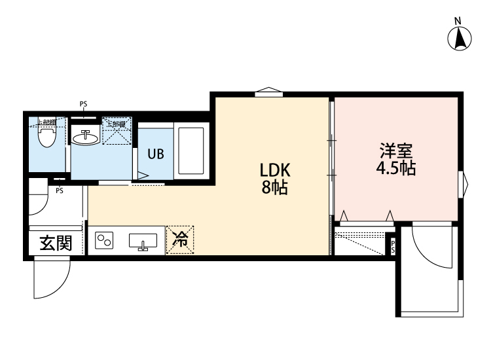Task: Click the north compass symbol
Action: tap(461, 37)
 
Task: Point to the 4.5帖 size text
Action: tap(396, 168)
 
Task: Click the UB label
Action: tap(155, 154)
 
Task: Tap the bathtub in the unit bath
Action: tap(192, 150)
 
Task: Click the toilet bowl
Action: tap(46, 138)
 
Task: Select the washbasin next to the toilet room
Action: tap(85, 137)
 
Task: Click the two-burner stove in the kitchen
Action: tap(104, 240)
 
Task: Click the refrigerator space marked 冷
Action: tap(180, 240)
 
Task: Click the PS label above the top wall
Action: tap(83, 103)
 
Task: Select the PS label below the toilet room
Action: tap(59, 191)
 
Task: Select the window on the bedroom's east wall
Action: tap(465, 185)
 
